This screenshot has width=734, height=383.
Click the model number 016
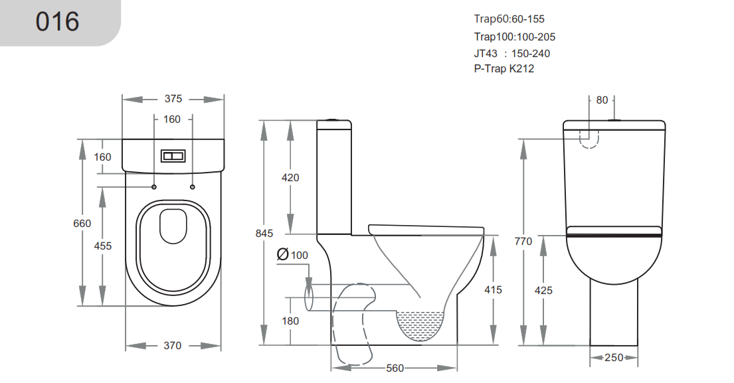(x=57, y=22)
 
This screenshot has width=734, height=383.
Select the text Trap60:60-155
(x=509, y=19)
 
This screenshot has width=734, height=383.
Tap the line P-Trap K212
(x=504, y=68)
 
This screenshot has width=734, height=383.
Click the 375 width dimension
(x=173, y=99)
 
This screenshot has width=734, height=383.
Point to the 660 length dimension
(x=82, y=224)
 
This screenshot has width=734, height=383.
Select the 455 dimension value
(x=102, y=246)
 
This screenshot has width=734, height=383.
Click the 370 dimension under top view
(x=172, y=345)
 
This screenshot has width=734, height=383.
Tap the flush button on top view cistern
(x=173, y=156)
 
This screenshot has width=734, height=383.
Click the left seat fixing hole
(x=154, y=187)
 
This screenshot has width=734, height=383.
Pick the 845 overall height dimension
(x=264, y=233)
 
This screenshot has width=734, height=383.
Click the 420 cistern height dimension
(x=290, y=178)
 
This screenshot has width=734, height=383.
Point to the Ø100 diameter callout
(x=292, y=255)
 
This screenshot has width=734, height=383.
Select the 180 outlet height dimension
(x=290, y=321)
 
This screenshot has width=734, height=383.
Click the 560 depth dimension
(x=395, y=368)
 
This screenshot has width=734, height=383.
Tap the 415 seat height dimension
(x=494, y=289)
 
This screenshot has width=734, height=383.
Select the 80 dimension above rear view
(x=602, y=100)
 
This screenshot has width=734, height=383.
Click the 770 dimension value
(x=523, y=242)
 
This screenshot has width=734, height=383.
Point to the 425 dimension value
(x=543, y=290)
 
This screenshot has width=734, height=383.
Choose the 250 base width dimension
(x=614, y=358)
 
